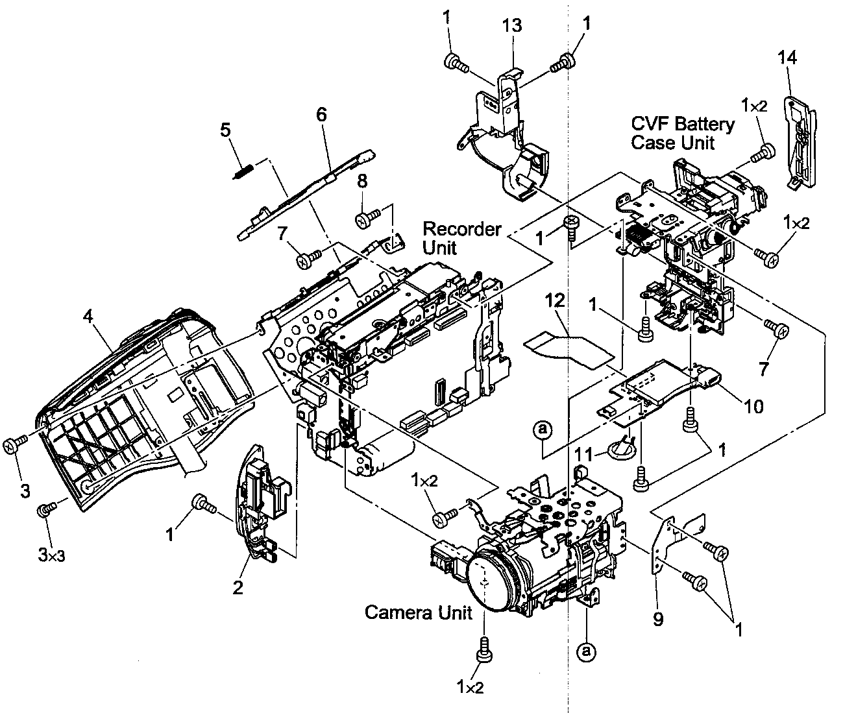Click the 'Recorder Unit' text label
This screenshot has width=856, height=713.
461,238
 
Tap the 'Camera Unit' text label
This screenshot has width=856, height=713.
418,612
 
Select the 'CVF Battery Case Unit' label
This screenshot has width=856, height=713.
682,133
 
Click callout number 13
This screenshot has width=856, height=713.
513,25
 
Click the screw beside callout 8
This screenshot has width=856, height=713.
366,220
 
